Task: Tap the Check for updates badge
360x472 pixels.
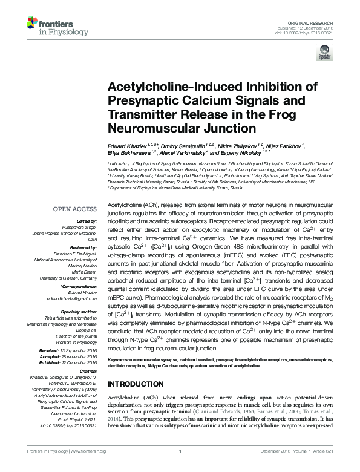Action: [324, 55]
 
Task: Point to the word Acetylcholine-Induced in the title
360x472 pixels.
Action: [169, 87]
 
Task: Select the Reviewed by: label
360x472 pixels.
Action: [85, 249]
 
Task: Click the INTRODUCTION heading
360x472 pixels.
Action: [135, 384]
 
